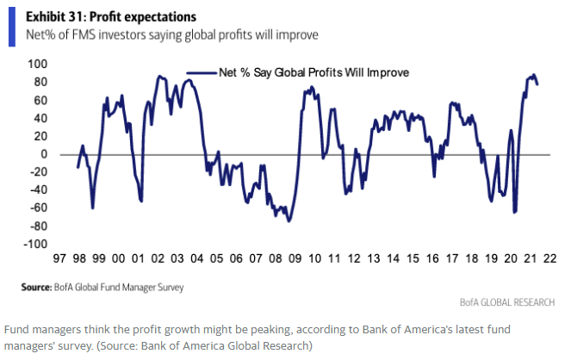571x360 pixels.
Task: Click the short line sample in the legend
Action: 199,74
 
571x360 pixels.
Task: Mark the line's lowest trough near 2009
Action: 289,221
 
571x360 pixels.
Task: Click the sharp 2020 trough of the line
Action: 515,212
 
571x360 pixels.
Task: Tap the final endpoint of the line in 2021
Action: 538,84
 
